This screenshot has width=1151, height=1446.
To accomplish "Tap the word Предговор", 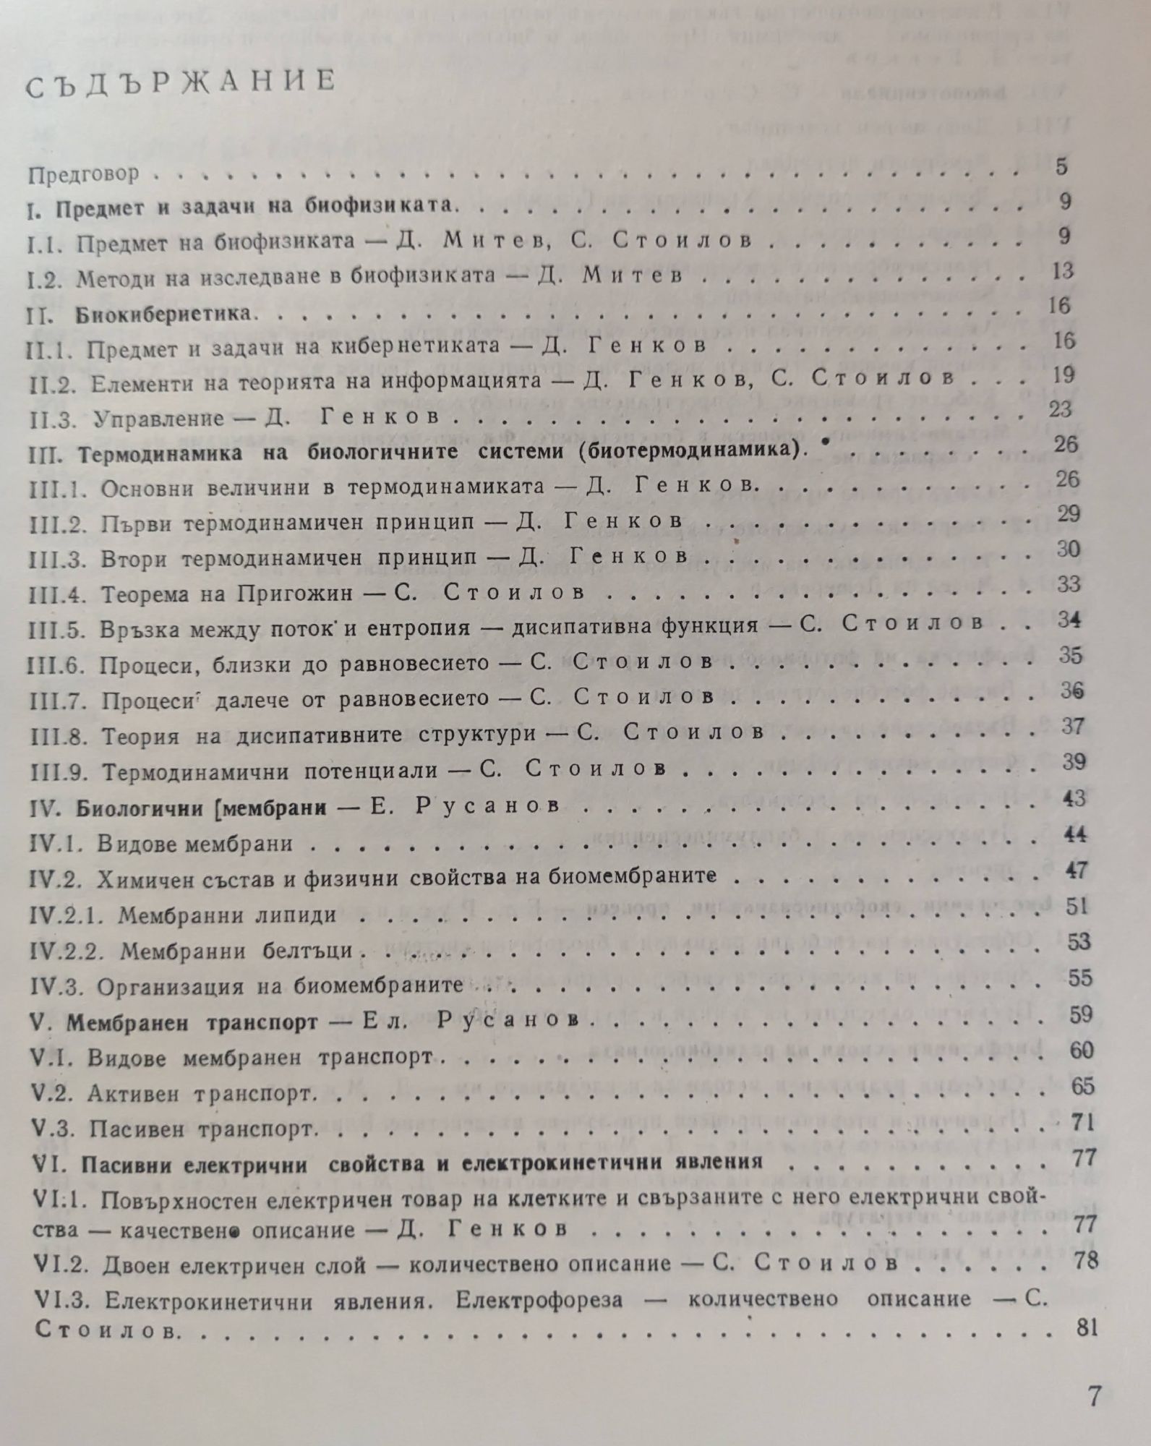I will click(x=84, y=174).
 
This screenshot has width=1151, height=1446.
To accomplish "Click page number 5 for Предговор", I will click(x=1061, y=166).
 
